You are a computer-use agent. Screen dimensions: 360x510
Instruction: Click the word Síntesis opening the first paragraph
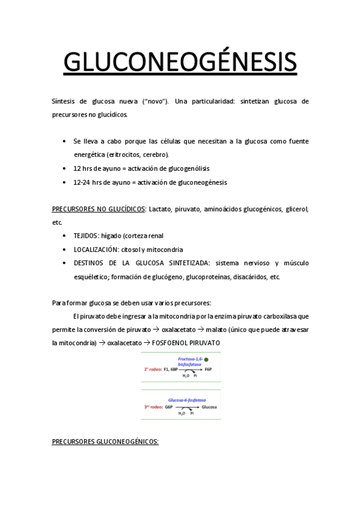coord(63,101)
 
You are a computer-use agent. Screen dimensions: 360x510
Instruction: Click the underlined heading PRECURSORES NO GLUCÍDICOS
coord(99,209)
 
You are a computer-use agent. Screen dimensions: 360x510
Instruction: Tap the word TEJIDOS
coord(86,236)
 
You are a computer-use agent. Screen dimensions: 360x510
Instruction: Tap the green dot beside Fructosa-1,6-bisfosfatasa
coord(206,360)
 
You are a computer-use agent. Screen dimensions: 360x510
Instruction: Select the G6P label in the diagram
coord(169,407)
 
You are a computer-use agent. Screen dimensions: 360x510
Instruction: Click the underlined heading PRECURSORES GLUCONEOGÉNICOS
coord(105,442)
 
